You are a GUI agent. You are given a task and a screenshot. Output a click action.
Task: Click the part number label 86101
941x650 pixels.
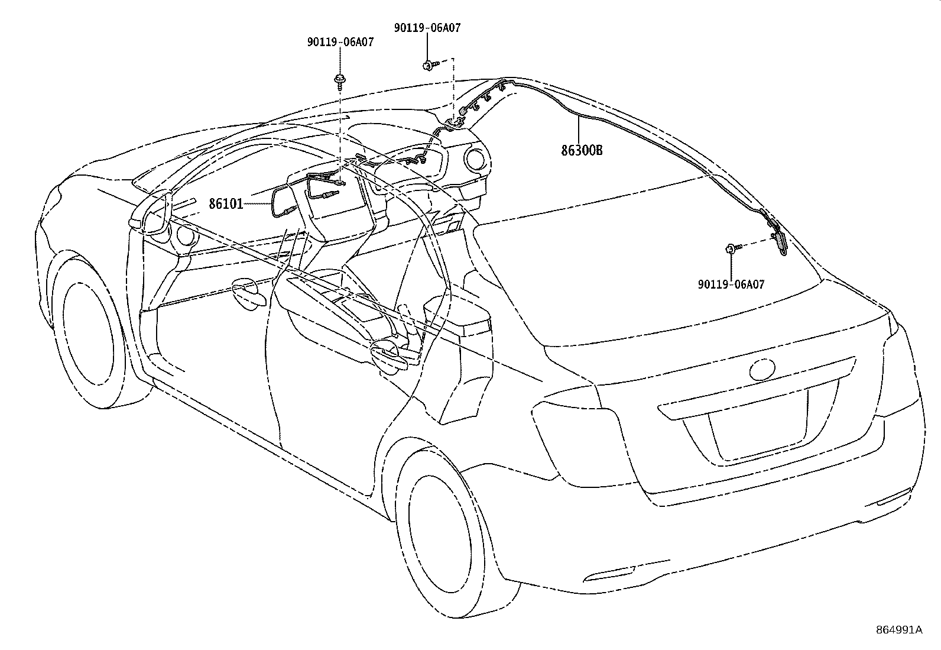pos(226,204)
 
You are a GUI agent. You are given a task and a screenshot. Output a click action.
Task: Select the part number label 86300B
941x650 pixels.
pos(582,150)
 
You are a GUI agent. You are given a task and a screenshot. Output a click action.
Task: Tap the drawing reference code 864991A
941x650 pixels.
pos(898,630)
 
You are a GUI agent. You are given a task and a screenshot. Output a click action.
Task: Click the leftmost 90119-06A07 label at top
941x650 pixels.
pos(340,43)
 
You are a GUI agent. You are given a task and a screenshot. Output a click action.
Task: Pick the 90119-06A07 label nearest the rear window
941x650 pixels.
pos(731,284)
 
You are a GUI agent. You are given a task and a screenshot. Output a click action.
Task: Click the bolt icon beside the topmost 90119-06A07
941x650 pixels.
pos(428,64)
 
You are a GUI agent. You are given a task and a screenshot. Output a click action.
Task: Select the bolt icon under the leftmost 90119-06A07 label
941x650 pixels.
pos(340,80)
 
